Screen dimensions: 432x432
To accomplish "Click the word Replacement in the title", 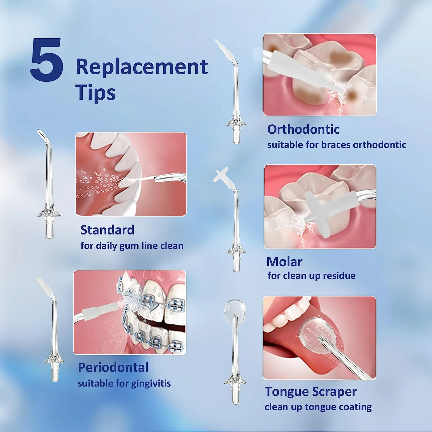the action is coord(142,67).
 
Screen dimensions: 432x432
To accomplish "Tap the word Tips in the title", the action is coord(96,93).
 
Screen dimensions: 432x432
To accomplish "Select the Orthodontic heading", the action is coord(303,129).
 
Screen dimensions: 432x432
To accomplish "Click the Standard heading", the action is coord(107,230).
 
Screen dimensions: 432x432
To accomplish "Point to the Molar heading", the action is coord(284,262).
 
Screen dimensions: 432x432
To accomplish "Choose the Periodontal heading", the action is coord(113,367).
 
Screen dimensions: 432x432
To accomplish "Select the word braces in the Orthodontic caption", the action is coord(336,145).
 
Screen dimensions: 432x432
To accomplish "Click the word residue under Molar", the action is coord(339,276).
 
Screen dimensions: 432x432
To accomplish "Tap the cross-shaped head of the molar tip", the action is coord(221,175).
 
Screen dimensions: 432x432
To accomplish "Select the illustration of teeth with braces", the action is coord(130,312).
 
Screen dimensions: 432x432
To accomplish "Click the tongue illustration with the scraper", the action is coord(319,338).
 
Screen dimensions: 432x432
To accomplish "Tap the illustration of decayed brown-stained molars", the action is coord(320,75).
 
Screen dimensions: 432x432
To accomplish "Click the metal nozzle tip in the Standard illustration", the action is coord(170,178).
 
